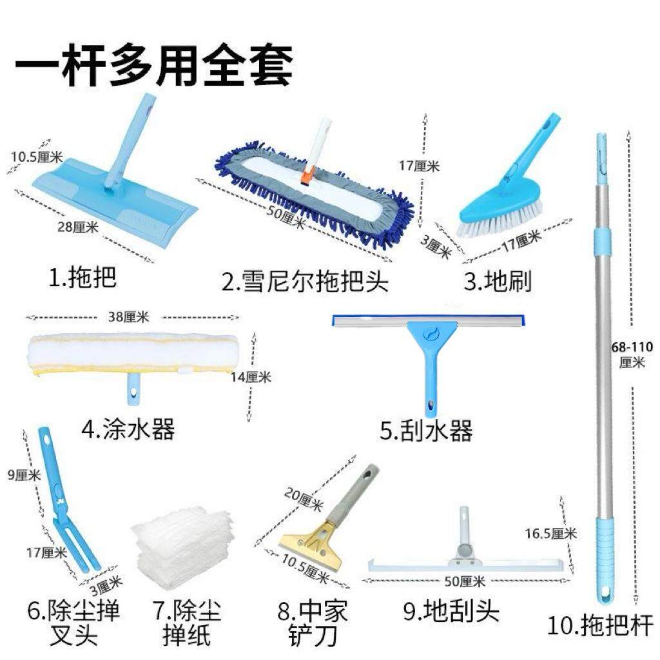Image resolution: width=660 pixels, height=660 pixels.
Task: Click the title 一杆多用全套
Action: point(153,64)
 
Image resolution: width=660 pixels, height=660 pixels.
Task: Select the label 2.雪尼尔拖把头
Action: point(305,282)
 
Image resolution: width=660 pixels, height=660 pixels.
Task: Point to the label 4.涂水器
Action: point(128,429)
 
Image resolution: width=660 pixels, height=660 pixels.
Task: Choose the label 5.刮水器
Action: point(426,431)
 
